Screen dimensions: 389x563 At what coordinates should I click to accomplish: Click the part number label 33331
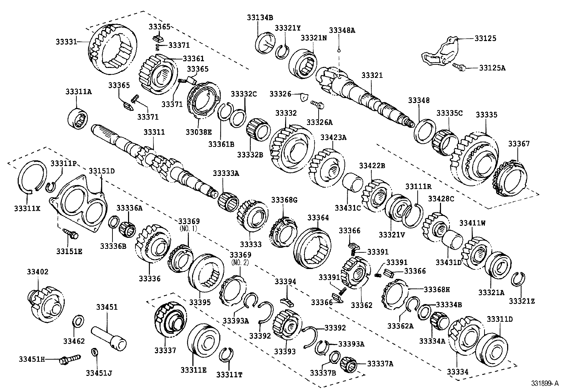click(x=66, y=42)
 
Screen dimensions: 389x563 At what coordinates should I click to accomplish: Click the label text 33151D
click(x=101, y=171)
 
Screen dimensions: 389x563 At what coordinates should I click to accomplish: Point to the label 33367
click(x=519, y=144)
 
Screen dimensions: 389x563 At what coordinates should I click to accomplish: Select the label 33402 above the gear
click(x=37, y=272)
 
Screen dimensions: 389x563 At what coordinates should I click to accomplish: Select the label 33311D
click(x=499, y=319)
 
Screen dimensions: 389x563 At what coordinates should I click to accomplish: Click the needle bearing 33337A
click(x=349, y=363)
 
